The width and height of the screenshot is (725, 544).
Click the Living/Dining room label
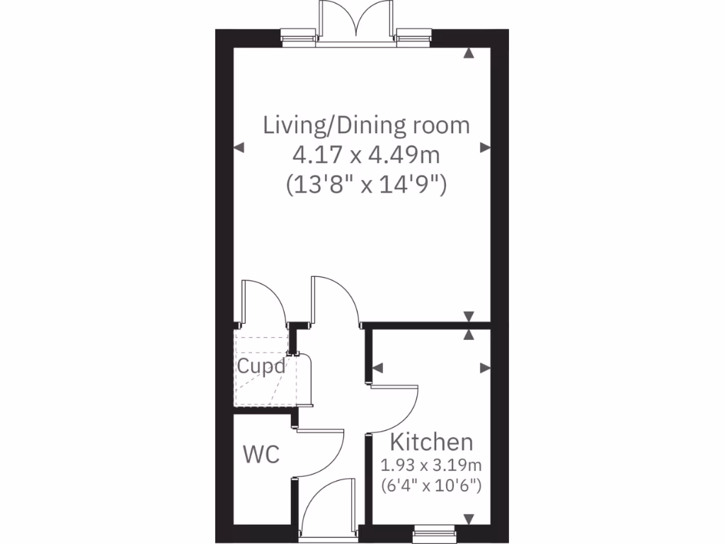point(366,125)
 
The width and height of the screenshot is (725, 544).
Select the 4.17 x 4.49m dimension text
point(366,155)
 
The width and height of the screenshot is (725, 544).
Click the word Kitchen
point(431,442)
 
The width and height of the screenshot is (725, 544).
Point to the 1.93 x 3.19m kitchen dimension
point(431,465)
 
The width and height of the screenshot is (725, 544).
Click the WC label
point(261,454)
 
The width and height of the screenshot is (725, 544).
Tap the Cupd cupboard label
point(261,367)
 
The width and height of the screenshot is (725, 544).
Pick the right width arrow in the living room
point(485,147)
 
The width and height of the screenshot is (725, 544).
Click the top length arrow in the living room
point(469,53)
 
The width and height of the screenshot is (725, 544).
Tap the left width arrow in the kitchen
point(377,368)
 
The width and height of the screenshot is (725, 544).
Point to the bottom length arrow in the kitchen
point(469,519)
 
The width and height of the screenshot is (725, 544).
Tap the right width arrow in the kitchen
point(485,368)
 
